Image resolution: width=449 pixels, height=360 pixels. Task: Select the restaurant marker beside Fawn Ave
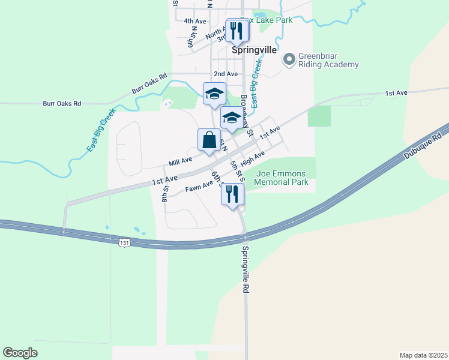tap(233, 194)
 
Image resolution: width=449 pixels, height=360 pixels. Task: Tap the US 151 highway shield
tap(124, 242)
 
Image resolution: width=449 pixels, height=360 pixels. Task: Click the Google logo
tap(20, 353)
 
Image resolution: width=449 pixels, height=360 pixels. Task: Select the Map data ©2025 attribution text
tap(423, 355)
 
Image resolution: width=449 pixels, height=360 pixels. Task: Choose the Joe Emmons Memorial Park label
tap(282, 178)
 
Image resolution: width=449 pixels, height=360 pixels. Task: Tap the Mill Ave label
tap(181, 161)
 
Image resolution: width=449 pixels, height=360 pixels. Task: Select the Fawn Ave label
tap(199, 187)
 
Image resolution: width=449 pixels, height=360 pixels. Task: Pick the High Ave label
tap(252, 159)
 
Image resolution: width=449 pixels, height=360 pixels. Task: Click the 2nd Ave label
tap(226, 74)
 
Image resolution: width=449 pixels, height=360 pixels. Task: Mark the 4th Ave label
tap(195, 21)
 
